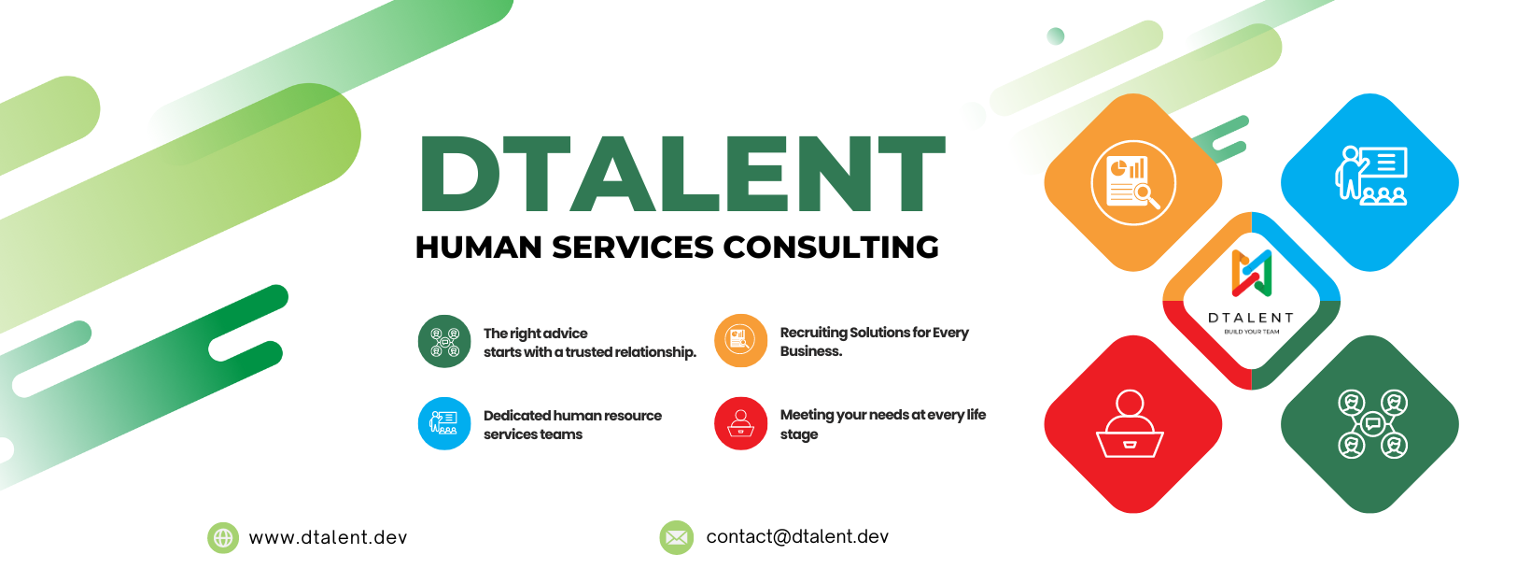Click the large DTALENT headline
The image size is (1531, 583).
(681, 174)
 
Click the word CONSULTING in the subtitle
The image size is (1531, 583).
(831, 248)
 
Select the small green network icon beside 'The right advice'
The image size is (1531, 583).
(444, 341)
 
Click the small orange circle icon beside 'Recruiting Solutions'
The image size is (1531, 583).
(740, 340)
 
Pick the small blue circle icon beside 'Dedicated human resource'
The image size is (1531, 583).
(444, 423)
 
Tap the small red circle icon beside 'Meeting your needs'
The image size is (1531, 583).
(740, 423)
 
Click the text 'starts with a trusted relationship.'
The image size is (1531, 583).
(589, 352)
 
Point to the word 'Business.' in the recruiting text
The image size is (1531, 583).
(810, 351)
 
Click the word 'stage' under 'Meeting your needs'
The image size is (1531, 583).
(798, 434)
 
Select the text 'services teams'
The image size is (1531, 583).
(532, 434)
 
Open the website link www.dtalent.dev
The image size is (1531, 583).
(328, 537)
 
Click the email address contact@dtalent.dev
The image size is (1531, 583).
(797, 537)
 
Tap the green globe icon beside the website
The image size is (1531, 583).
(223, 537)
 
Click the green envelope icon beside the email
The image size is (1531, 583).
(676, 537)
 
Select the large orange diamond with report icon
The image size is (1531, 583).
(1132, 182)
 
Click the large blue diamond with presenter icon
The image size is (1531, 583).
(1369, 182)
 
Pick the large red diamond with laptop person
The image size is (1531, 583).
(1132, 424)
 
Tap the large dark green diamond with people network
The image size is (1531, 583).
(1369, 424)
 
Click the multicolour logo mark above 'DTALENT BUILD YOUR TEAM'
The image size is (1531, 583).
(1251, 272)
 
